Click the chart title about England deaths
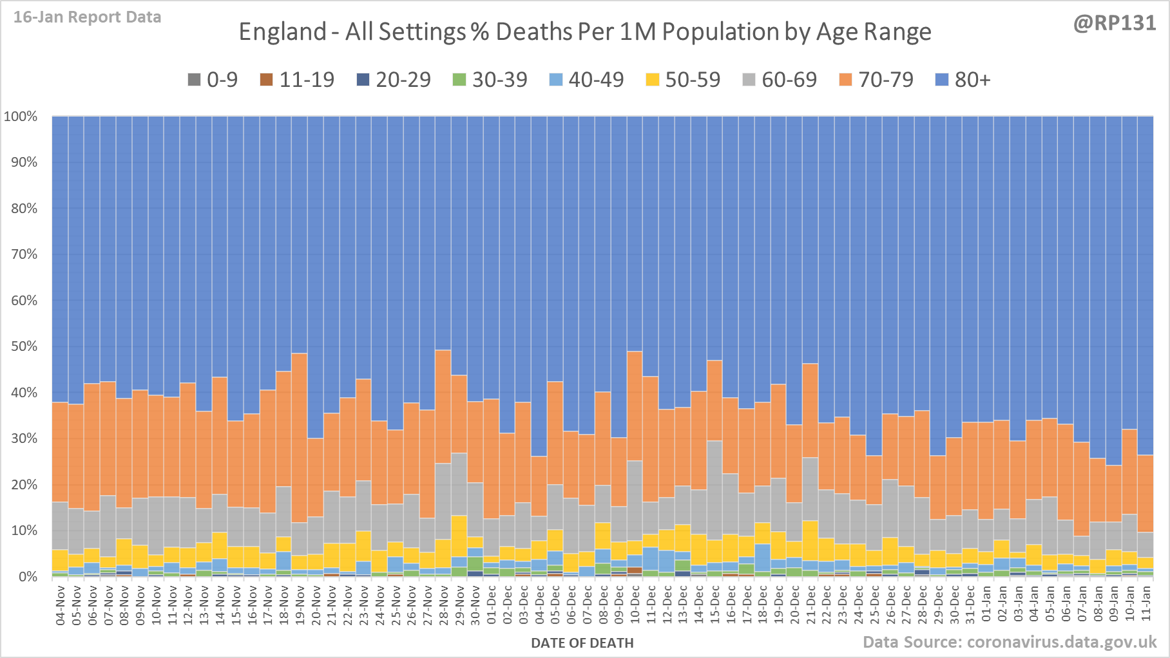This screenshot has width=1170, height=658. pyautogui.click(x=584, y=32)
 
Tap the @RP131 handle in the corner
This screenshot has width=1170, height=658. pyautogui.click(x=1115, y=23)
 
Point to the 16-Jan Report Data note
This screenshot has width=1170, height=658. pyautogui.click(x=87, y=17)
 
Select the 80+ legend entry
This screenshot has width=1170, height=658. pyautogui.click(x=963, y=80)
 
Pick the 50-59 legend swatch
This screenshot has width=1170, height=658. pyautogui.click(x=653, y=80)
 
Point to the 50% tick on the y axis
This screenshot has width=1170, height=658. pyautogui.click(x=24, y=346)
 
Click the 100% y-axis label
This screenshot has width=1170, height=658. pyautogui.click(x=21, y=117)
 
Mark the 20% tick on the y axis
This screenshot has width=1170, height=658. pyautogui.click(x=24, y=485)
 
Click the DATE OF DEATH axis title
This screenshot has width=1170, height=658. pyautogui.click(x=582, y=643)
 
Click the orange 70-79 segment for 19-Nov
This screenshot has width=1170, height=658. pyautogui.click(x=300, y=438)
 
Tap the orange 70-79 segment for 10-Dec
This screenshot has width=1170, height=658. pyautogui.click(x=635, y=406)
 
